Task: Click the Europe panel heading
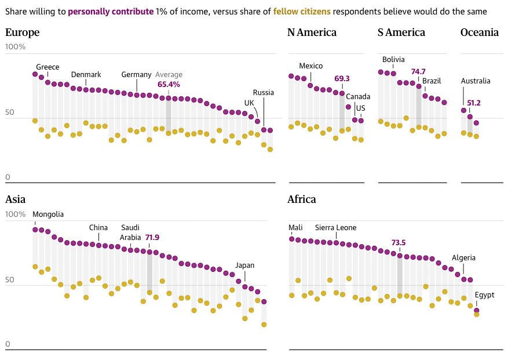23,32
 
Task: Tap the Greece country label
47,67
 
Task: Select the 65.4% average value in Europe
169,84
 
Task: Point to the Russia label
264,93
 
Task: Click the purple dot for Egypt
477,311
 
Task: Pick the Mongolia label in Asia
48,214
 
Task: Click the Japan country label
244,266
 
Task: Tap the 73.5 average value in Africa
400,242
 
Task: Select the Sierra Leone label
336,228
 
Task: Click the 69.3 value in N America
342,78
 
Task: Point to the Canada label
358,97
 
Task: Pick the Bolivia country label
393,60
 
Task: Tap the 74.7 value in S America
418,72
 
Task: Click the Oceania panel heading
480,32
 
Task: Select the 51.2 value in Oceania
473,103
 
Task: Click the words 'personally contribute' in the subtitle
111,12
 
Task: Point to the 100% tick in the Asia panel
16,214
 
